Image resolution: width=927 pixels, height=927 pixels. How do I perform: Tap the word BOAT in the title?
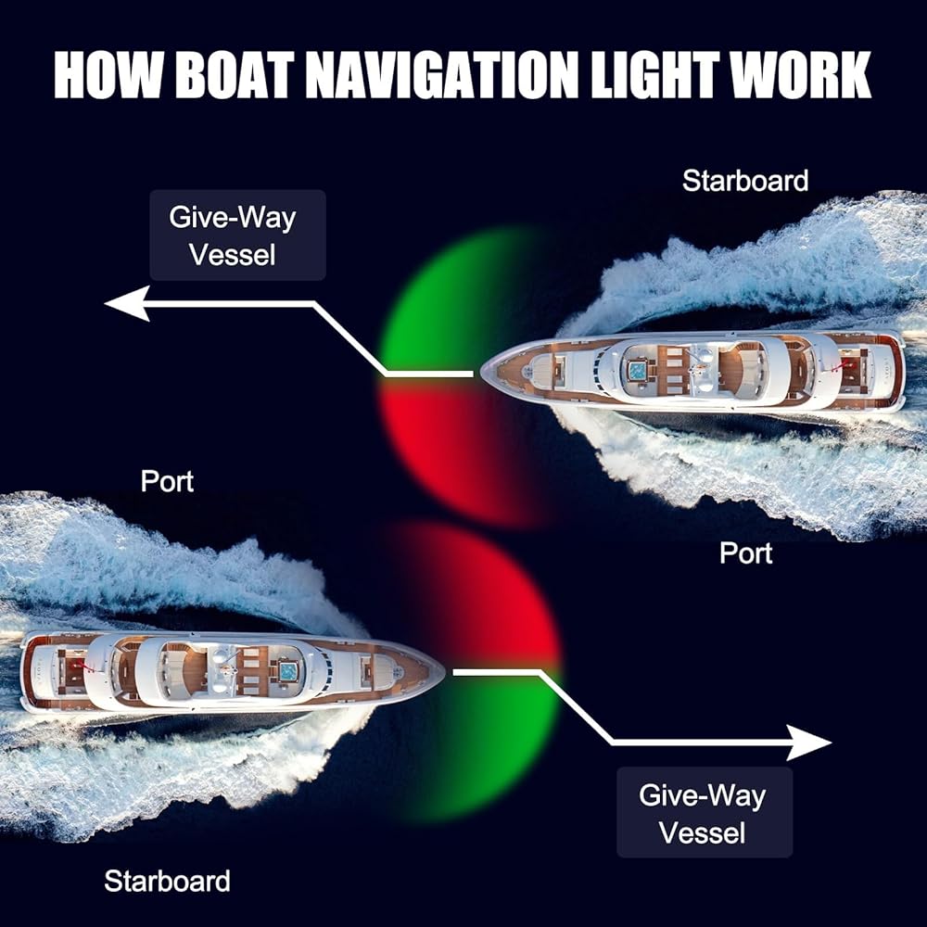click(x=235, y=75)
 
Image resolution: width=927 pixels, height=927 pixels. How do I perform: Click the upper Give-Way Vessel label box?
click(x=237, y=235)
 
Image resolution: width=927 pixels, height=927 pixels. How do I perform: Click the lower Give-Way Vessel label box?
click(x=705, y=812)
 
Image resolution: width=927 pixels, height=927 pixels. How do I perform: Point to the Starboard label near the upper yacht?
click(x=744, y=181)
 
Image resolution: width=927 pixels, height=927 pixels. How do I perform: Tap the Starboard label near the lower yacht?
click(x=167, y=881)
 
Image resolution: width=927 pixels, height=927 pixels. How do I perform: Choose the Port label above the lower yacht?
click(x=167, y=482)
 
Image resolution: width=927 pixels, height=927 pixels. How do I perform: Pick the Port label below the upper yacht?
click(x=746, y=553)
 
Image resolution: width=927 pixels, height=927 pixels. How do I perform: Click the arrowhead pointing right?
click(x=810, y=743)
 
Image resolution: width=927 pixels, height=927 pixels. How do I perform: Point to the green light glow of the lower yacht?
click(x=491, y=742)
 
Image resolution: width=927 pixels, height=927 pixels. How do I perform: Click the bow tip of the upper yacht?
click(x=483, y=373)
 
